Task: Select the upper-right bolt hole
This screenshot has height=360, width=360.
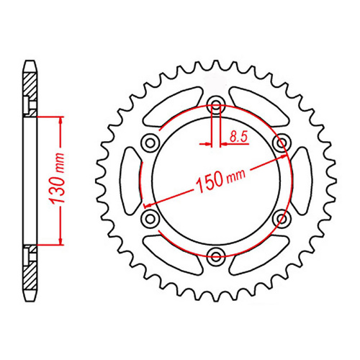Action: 282,143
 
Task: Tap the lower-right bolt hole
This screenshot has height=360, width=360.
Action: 282,217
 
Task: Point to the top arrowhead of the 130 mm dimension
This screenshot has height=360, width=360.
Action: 60,119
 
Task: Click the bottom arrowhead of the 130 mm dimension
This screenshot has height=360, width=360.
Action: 60,242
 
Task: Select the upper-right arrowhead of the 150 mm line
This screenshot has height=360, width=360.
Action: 286,153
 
